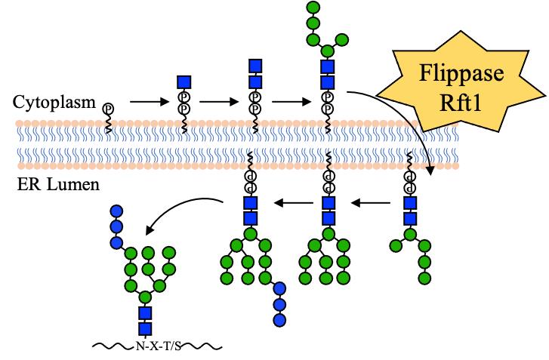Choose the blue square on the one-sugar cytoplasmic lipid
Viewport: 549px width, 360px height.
(184, 81)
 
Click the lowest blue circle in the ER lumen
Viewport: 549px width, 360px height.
(281, 320)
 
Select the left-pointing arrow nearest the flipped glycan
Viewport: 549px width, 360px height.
(373, 202)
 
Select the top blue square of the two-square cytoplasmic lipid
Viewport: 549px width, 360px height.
(255, 65)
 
